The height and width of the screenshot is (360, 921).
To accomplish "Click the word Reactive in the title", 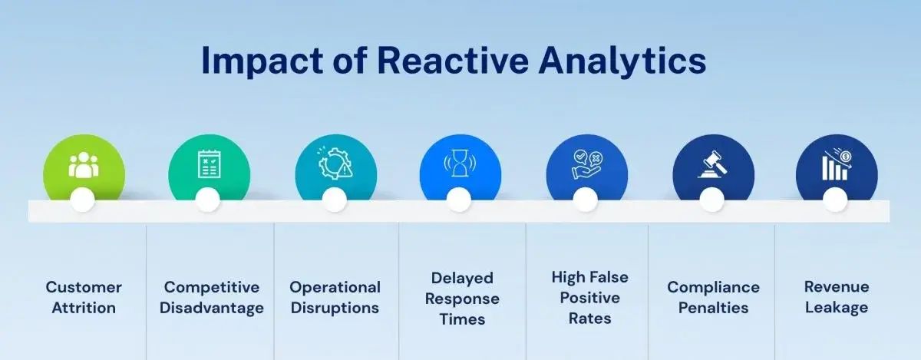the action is point(453,61).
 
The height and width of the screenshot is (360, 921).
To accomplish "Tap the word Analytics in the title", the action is point(622,61).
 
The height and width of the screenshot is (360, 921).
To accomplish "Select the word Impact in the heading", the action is point(262,61).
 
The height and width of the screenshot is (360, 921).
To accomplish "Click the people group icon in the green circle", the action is point(84,165).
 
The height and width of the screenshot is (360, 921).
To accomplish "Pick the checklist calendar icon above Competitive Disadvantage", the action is point(210,164).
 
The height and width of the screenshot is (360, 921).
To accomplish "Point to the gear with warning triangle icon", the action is point(335,163).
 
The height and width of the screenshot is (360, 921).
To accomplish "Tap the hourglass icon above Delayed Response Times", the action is point(460,163).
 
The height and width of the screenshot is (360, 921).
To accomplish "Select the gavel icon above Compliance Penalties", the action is point(713,164).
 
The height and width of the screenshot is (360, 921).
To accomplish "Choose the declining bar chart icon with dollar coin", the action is point(837,164).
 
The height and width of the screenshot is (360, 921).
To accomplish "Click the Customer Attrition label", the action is point(84,298).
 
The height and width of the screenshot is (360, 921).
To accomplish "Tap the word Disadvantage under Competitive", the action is point(212,308).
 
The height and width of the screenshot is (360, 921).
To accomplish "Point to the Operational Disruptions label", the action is point(335,298).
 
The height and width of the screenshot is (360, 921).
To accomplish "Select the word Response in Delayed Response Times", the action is point(462,299).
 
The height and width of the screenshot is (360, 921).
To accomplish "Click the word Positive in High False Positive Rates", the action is point(590,298).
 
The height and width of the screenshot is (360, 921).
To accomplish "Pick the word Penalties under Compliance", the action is point(713,308).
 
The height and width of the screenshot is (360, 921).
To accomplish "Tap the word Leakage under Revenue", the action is point(837,308).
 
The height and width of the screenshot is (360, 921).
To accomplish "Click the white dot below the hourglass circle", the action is point(459,200).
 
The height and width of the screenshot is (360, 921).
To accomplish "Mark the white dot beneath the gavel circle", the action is point(711,200).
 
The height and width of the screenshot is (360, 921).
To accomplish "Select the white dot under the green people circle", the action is point(82,200).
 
